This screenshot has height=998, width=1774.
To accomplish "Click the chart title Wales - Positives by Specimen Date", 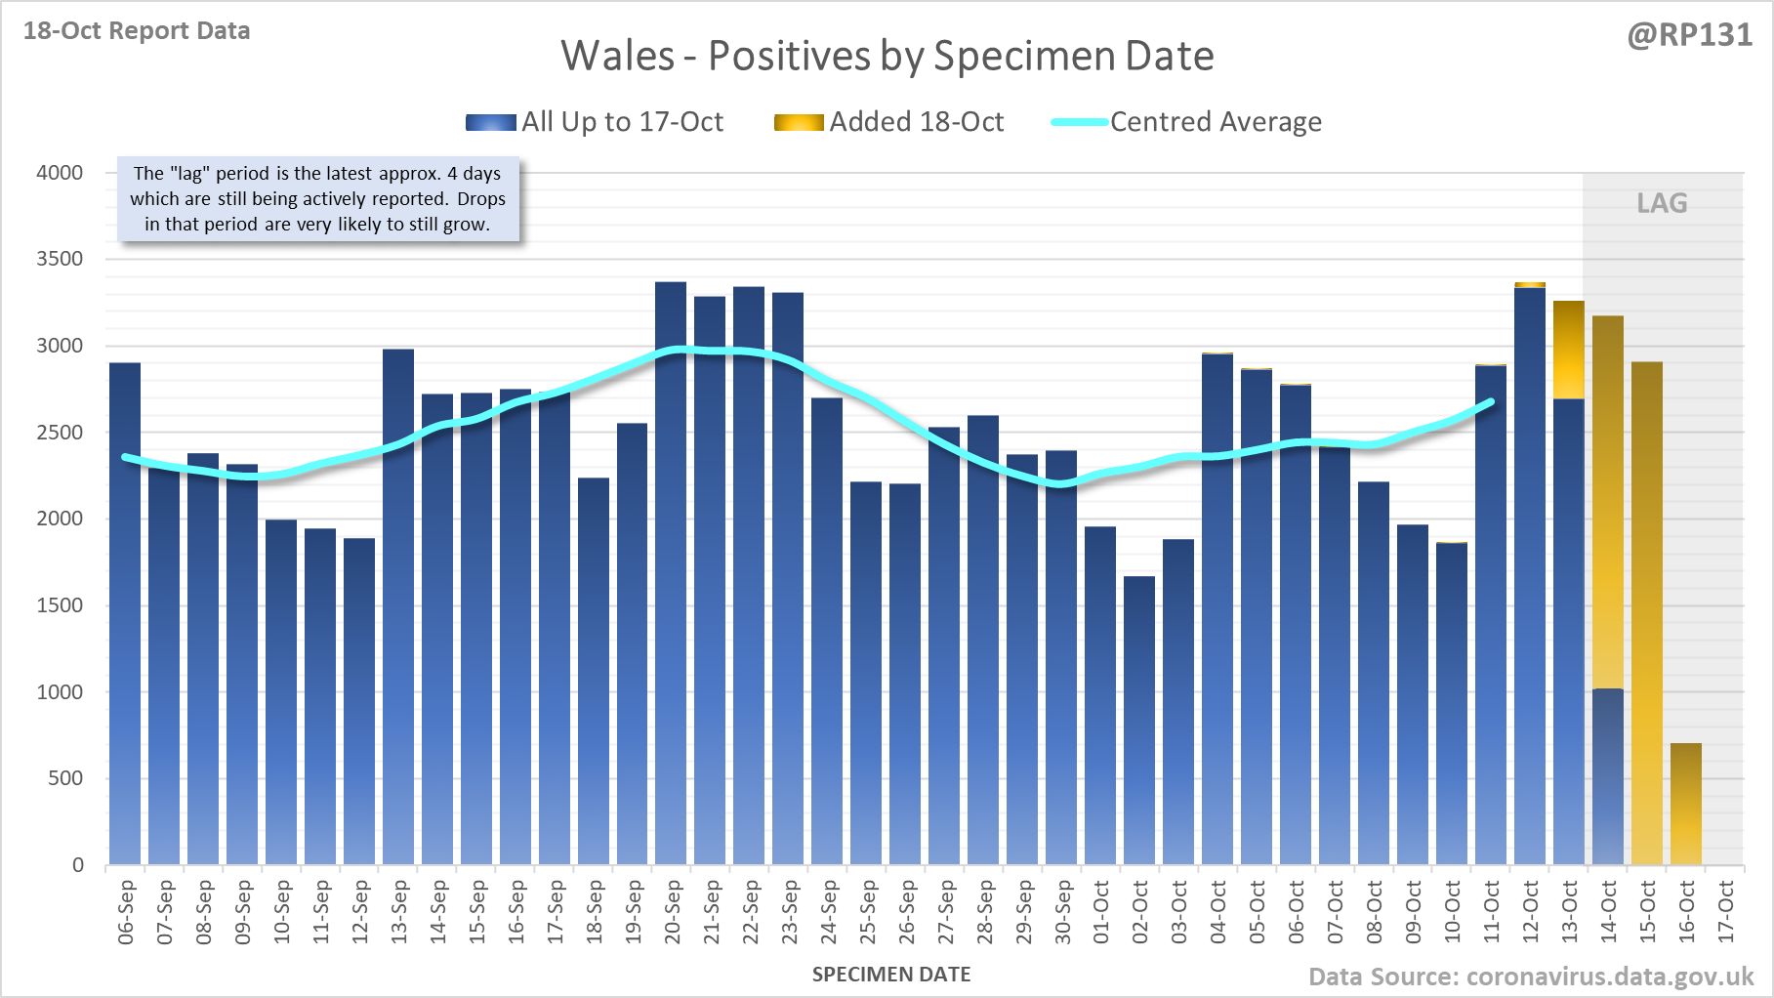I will click(x=887, y=56).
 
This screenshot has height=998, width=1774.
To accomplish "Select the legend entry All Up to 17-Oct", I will click(x=622, y=122).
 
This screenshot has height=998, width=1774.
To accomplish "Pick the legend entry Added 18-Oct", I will click(x=916, y=122).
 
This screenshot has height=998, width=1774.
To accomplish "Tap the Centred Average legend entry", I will click(x=1215, y=122).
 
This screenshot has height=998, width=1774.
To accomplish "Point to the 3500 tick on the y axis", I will click(x=60, y=259).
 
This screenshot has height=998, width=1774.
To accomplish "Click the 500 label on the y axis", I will click(x=66, y=778).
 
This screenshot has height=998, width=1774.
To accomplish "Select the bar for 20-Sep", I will click(x=671, y=576).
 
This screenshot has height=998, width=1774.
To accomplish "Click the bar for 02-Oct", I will click(x=1139, y=723).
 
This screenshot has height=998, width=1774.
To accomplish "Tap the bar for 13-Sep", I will click(x=398, y=605).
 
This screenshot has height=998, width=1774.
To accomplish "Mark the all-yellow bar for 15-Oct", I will click(x=1647, y=615).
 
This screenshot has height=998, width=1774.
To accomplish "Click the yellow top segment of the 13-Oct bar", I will click(x=1569, y=350).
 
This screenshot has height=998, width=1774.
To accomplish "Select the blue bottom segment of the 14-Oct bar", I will click(x=1608, y=776).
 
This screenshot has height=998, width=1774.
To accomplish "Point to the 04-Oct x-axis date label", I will click(x=1218, y=912).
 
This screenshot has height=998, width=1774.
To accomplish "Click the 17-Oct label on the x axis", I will click(x=1726, y=912).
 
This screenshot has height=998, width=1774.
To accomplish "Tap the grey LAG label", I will click(x=1662, y=203).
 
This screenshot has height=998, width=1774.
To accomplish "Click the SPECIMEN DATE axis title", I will click(x=891, y=975).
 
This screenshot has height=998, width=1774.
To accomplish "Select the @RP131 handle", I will click(x=1689, y=35).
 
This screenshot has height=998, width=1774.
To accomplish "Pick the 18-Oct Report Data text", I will click(x=137, y=31).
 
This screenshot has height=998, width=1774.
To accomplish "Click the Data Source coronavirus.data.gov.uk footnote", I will click(x=1531, y=977).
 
